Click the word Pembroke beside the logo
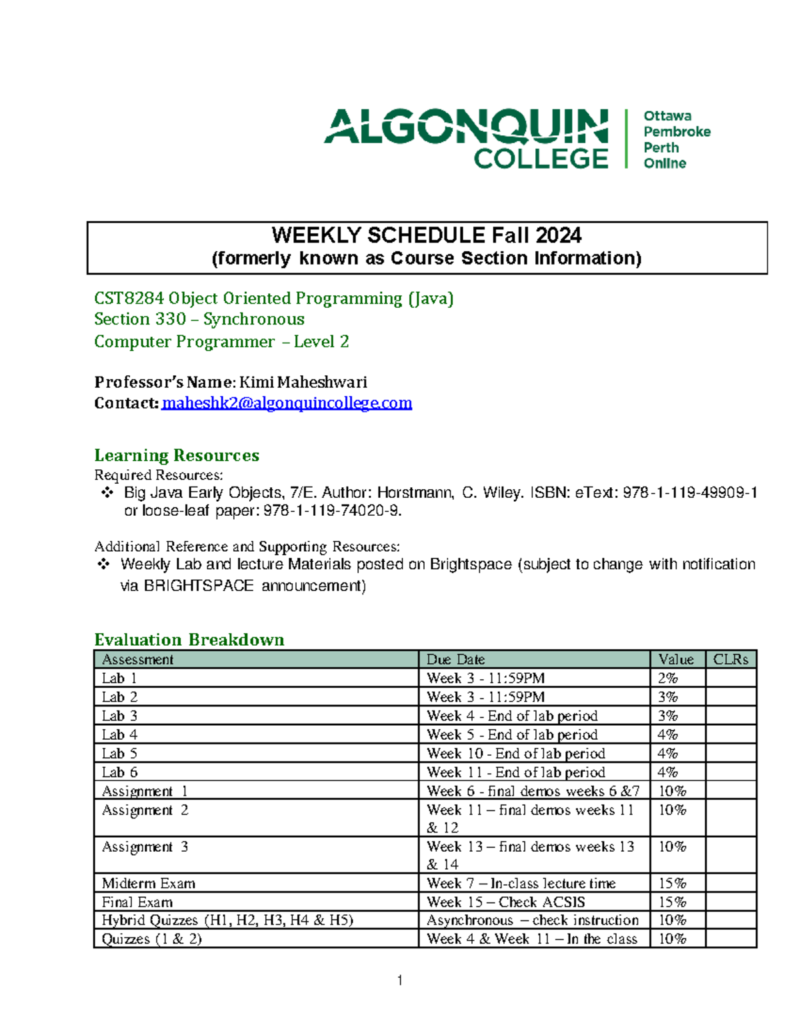(677, 131)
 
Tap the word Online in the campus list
(665, 163)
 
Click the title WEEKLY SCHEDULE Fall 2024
(427, 235)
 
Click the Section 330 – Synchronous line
(199, 319)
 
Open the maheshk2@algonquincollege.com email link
(287, 403)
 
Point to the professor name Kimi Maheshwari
(303, 382)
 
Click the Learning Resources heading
(177, 455)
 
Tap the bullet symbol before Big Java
(105, 493)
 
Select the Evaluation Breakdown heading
(189, 640)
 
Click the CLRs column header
(731, 659)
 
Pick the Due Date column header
(455, 659)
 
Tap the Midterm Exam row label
(149, 883)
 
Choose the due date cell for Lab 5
(516, 753)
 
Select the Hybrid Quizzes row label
(227, 920)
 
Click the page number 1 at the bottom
(399, 980)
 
